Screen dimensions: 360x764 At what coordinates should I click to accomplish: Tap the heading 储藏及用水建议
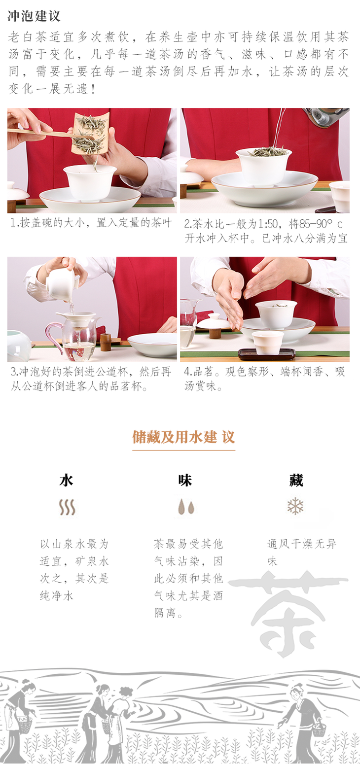(183, 437)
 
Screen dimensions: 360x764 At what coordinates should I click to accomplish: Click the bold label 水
(66, 480)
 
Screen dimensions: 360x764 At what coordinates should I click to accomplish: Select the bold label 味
(185, 480)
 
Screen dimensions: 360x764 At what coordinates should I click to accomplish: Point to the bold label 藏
(296, 480)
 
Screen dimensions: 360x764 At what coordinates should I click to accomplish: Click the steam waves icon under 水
(67, 507)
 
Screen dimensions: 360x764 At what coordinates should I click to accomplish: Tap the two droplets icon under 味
(186, 507)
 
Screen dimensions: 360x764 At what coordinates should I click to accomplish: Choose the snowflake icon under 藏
(295, 506)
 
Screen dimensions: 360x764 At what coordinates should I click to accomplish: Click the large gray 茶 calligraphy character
(288, 613)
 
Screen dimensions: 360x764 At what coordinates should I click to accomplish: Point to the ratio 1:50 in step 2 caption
(267, 224)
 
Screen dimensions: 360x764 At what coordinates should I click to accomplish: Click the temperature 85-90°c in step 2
(321, 224)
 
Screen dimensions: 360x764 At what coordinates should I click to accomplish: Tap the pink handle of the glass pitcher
(54, 336)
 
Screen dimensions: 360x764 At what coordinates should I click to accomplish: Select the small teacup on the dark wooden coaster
(268, 342)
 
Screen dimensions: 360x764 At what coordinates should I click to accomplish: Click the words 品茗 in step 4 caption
(204, 372)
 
